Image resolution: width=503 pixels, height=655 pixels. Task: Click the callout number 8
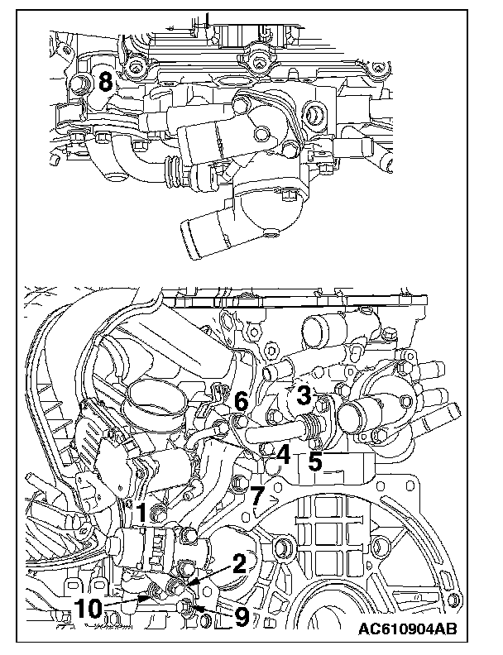click(105, 81)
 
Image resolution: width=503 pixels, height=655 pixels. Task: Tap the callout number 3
click(304, 394)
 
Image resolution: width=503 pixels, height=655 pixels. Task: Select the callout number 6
click(241, 402)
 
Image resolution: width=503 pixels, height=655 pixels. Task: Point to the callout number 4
click(283, 453)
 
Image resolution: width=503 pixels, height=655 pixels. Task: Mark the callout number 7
click(257, 497)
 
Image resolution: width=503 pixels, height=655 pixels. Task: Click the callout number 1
click(141, 513)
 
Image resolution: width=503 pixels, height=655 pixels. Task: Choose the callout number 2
click(239, 564)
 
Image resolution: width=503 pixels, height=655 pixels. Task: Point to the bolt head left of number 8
click(80, 84)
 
